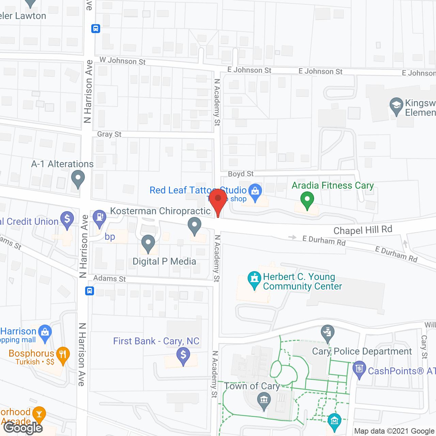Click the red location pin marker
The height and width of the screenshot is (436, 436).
pyautogui.click(x=218, y=199)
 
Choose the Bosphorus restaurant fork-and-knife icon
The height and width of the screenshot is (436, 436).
pyautogui.click(x=62, y=355)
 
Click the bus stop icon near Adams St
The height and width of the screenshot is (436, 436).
pyautogui.click(x=90, y=291)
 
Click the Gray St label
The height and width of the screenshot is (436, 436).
pyautogui.click(x=109, y=134)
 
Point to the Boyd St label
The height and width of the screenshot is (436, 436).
pyautogui.click(x=240, y=174)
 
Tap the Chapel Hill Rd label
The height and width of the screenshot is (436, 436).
pyautogui.click(x=363, y=230)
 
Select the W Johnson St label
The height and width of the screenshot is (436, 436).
pyautogui.click(x=123, y=61)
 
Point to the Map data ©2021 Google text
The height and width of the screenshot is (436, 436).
pyautogui.click(x=394, y=431)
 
